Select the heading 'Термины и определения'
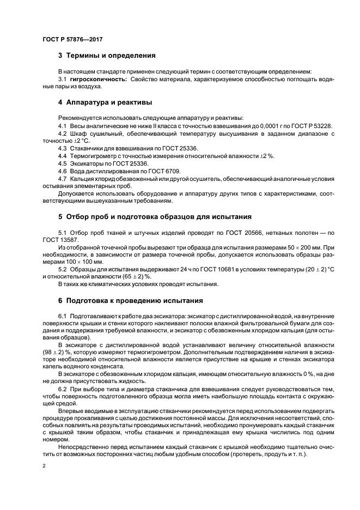point(111,55)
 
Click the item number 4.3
point(63,148)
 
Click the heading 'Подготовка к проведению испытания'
point(134,300)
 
